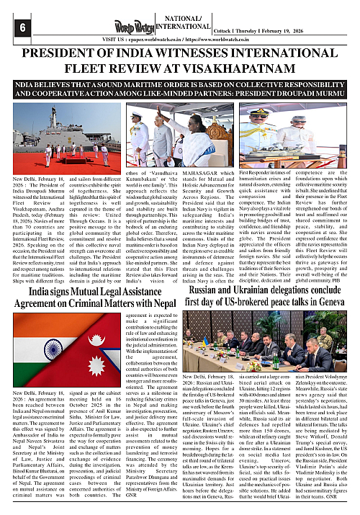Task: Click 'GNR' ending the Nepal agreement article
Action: (x=109, y=506)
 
